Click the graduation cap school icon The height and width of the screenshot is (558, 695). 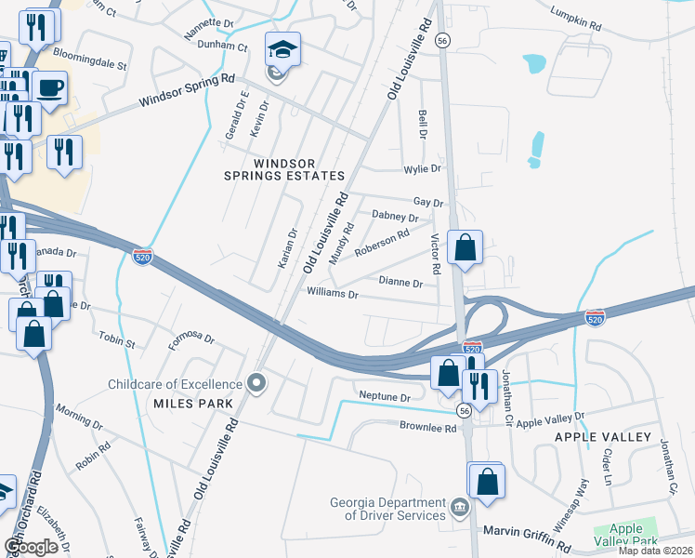pyautogui.click(x=283, y=47)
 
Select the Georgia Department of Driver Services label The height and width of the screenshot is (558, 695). pyautogui.click(x=387, y=509)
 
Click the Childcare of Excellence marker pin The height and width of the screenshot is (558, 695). pyautogui.click(x=258, y=382)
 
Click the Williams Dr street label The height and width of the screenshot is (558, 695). pyautogui.click(x=333, y=294)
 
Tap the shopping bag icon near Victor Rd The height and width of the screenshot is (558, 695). pyautogui.click(x=466, y=247)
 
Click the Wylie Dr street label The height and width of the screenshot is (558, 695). pyautogui.click(x=421, y=169)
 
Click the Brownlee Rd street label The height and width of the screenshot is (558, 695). pyautogui.click(x=428, y=429)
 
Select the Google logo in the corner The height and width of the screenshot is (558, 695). pyautogui.click(x=32, y=547)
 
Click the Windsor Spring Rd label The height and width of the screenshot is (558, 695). pyautogui.click(x=188, y=90)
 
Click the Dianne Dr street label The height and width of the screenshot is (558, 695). pyautogui.click(x=401, y=281)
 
